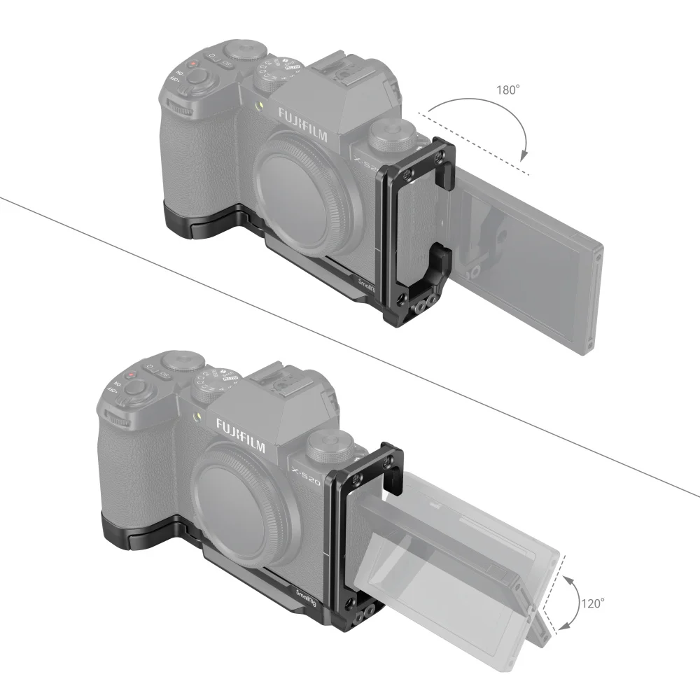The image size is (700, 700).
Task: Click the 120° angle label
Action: click(x=592, y=602)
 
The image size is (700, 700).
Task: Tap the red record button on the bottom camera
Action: click(x=130, y=376)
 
